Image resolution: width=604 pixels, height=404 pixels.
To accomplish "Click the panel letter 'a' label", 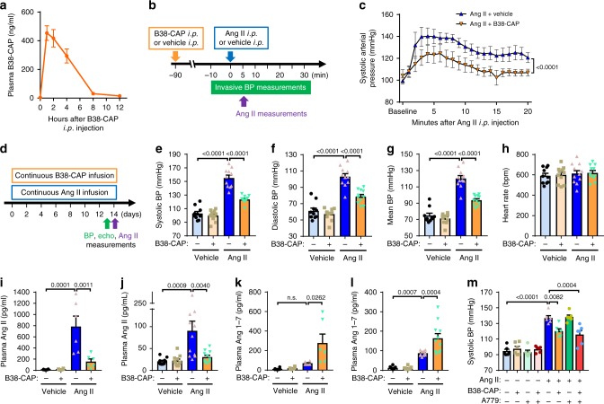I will point(6,7).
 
